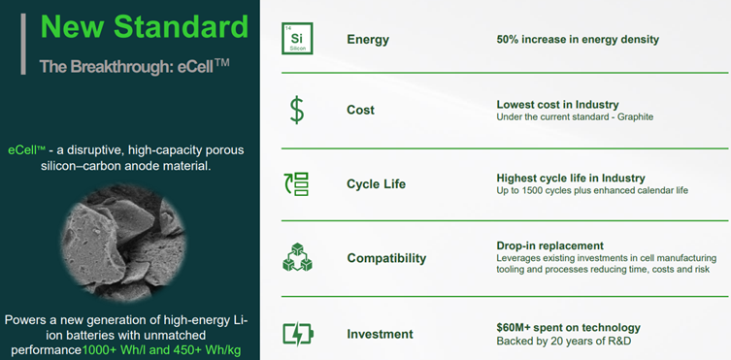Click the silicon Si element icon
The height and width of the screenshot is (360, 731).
click(297, 39)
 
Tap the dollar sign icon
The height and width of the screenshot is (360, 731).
click(296, 110)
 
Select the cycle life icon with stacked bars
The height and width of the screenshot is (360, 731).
click(296, 184)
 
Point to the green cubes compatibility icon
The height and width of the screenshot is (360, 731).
click(297, 257)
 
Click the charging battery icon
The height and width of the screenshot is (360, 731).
click(298, 334)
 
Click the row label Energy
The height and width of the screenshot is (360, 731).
click(368, 40)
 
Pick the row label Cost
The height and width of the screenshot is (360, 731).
click(360, 111)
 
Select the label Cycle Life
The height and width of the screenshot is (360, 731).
click(377, 184)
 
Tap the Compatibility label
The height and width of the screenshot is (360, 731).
click(386, 258)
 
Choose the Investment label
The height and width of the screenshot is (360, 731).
click(380, 334)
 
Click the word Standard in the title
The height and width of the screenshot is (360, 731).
click(182, 27)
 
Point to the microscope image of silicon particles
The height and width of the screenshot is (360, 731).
click(123, 243)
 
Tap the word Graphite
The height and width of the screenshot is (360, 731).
click(636, 116)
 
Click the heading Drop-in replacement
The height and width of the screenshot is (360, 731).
click(550, 245)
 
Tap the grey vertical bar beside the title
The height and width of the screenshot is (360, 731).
click(23, 44)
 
